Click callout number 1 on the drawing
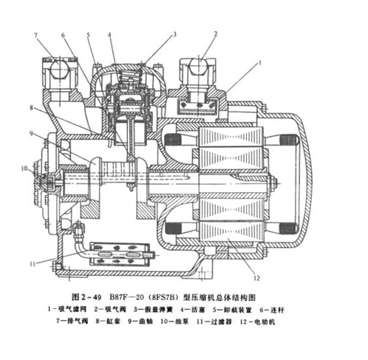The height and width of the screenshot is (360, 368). [x=260, y=64]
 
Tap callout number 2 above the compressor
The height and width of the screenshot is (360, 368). [x=215, y=33]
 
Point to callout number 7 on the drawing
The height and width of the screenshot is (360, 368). [x=35, y=34]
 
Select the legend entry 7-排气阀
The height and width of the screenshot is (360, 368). [x=78, y=322]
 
